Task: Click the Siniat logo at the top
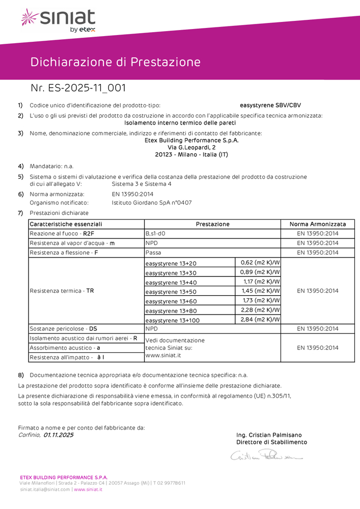click(58, 20)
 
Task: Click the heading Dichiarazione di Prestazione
click(116, 62)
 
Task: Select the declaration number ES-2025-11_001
click(78, 88)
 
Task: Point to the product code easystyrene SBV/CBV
click(270, 105)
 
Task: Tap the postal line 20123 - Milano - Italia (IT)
click(191, 154)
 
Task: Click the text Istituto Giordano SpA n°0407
click(152, 203)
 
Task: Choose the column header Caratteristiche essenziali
click(66, 224)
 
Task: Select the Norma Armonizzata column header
click(318, 224)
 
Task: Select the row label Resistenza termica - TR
click(62, 291)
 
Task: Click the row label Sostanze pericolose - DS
click(63, 329)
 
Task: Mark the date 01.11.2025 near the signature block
click(59, 435)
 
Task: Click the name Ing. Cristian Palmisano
click(269, 435)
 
